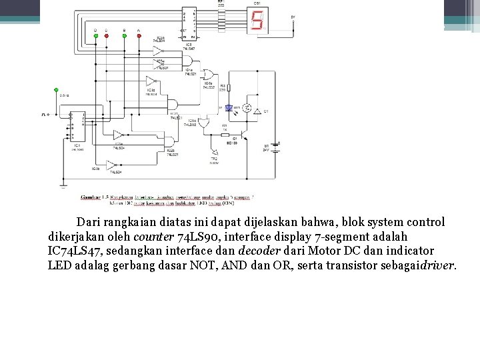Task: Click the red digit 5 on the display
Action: click(257, 21)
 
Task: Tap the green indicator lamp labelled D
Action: click(95, 36)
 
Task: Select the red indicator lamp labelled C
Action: click(106, 36)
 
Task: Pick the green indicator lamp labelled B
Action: click(124, 36)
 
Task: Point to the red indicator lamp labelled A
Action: click(138, 36)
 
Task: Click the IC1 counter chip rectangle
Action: click(77, 126)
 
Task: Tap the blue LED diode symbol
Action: click(229, 107)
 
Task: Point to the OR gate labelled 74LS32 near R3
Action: click(208, 75)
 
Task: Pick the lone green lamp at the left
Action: click(56, 89)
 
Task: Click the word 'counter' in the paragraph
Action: click(153, 237)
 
